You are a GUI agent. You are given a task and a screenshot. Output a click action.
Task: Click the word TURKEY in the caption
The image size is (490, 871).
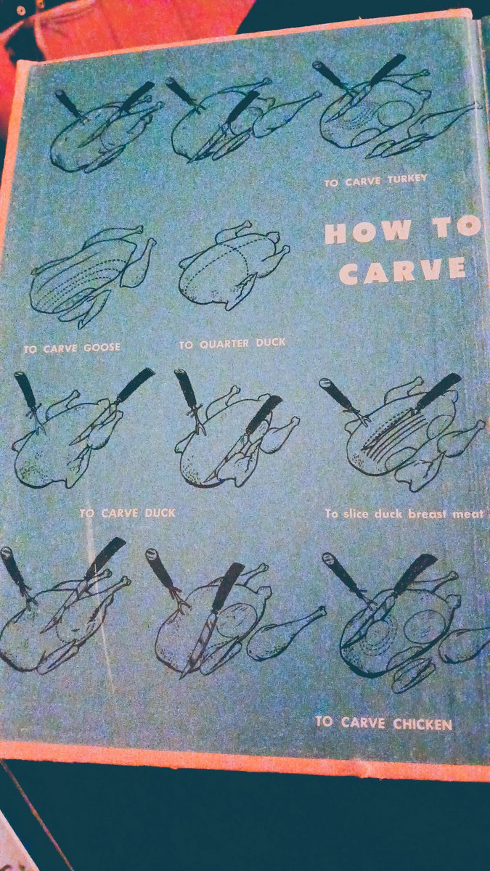point(407,180)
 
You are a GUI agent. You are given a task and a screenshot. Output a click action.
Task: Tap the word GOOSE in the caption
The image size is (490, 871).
point(102,347)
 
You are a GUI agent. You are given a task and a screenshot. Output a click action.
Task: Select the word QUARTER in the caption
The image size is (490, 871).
point(224,344)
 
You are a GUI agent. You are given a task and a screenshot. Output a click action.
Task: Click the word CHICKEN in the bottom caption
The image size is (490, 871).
point(422,724)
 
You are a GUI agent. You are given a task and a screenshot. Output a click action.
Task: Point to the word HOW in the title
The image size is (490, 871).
point(368,232)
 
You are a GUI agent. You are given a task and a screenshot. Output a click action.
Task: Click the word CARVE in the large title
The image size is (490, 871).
point(402,269)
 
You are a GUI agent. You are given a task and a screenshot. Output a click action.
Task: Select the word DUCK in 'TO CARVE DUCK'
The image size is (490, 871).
point(160,513)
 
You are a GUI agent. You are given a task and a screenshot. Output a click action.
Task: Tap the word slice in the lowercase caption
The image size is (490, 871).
point(357,514)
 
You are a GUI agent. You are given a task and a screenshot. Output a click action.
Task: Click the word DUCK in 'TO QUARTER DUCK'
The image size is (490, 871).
point(271,343)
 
